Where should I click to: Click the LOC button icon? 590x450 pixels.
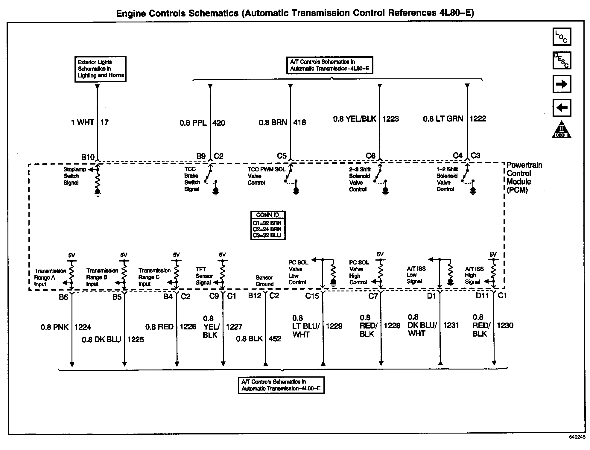562,37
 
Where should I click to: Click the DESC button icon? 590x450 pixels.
562,60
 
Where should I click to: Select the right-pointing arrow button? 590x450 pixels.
562,84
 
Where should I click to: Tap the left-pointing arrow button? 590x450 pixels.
562,107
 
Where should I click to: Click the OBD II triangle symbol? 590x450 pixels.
561,130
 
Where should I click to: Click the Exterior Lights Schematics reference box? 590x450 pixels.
101,69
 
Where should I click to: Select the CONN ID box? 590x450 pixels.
268,225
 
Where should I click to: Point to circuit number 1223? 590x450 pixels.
390,119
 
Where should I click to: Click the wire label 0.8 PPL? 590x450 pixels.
193,123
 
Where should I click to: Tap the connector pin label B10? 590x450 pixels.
88,157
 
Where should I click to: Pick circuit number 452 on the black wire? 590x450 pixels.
275,339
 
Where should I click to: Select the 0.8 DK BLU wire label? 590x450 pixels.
101,340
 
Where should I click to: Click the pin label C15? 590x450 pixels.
312,296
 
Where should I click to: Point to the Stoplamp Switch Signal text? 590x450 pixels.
74,176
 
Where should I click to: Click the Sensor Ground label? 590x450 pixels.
264,281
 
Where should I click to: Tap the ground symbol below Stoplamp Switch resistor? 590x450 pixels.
98,192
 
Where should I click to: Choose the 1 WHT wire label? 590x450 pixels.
83,122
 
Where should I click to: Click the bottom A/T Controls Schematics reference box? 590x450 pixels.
281,385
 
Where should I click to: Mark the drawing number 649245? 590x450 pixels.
577,445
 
